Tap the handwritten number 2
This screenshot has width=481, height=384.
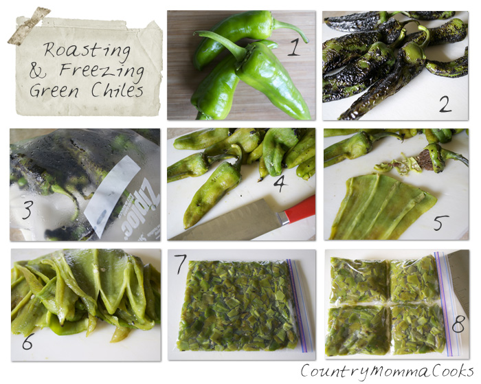pos(445,104)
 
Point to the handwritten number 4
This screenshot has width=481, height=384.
pos(280,183)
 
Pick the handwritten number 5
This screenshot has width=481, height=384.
pos(441,223)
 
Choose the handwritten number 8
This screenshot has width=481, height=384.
pos(458,324)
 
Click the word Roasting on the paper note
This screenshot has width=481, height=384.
pos(87,51)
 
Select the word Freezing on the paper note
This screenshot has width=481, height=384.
pos(102,71)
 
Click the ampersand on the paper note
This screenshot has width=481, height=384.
pos(38,71)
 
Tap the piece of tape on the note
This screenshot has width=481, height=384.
pos(29,26)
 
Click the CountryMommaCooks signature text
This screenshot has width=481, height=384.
pos(387,370)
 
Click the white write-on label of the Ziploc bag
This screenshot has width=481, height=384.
pos(111,196)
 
